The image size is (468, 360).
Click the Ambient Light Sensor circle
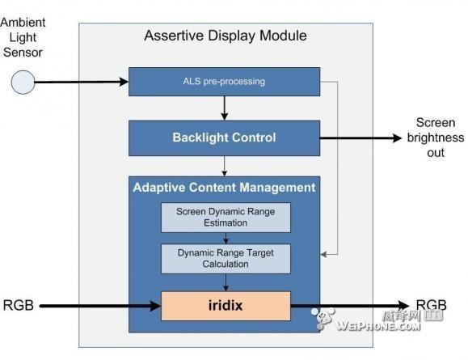point(23,83)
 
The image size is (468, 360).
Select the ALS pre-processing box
point(224,82)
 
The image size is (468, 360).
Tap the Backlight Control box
point(224,138)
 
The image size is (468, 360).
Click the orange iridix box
point(226,306)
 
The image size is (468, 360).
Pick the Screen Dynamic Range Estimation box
point(226,218)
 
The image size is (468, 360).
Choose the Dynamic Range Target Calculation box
point(226,259)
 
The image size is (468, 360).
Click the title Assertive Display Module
point(226,36)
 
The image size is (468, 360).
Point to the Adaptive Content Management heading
point(224,188)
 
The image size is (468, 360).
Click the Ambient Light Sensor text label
point(23,37)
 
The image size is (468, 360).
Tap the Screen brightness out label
point(436,138)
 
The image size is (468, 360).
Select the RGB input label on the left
point(19,305)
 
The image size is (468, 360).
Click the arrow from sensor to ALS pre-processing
point(82,82)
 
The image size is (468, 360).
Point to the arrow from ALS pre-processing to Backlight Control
point(225,108)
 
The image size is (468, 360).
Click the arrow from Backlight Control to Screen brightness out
point(360,138)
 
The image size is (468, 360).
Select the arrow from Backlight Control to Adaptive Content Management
point(225,166)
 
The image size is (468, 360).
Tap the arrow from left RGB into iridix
point(100,306)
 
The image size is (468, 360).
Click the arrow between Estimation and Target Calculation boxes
point(226,238)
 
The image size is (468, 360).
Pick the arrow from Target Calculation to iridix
point(226,282)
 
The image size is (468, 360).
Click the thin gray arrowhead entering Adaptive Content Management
point(323,255)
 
